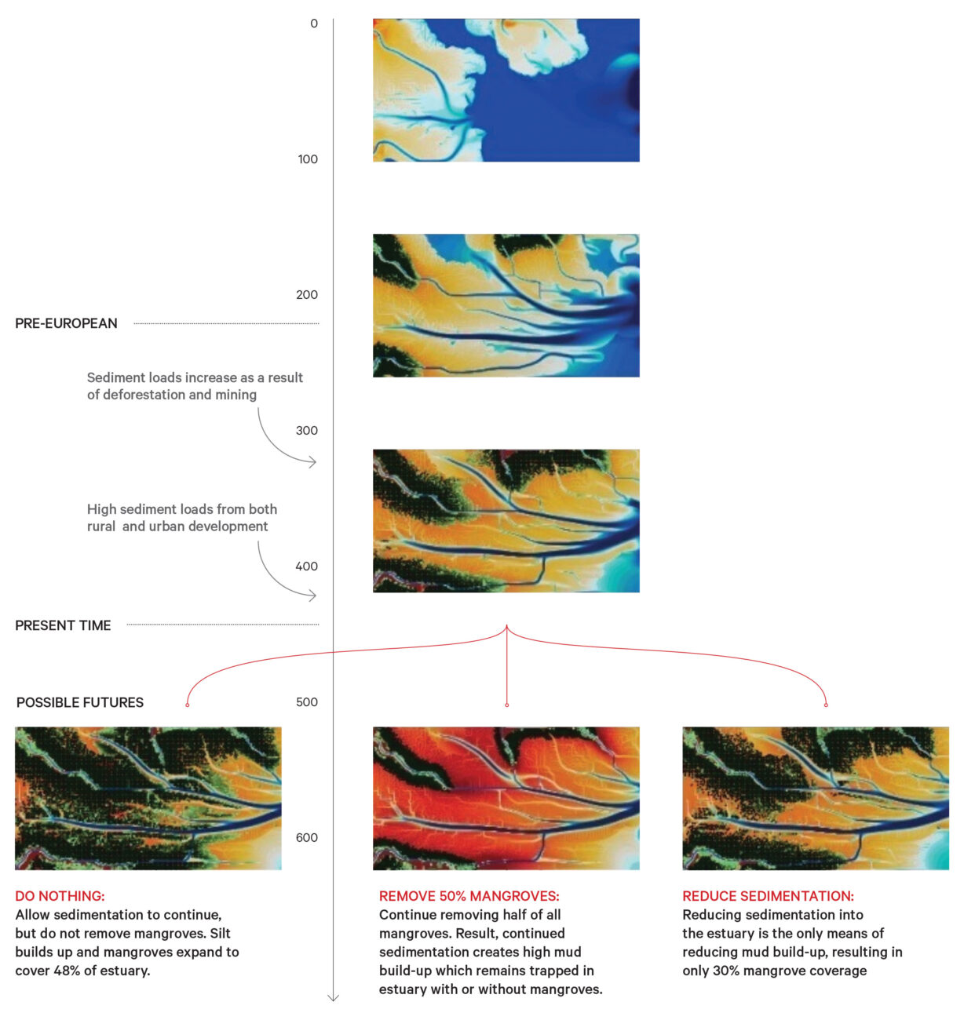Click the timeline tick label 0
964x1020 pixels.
313,24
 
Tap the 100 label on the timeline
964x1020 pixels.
308,159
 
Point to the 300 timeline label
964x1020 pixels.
307,431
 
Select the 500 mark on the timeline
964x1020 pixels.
307,702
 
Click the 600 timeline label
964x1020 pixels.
307,838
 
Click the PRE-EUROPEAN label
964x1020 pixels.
66,323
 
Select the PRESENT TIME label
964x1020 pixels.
64,625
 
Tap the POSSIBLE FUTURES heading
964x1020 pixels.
80,702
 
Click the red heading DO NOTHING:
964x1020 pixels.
60,896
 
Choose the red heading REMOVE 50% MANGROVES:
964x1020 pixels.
469,896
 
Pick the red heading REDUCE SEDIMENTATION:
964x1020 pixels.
769,896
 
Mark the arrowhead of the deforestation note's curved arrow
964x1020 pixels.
313,461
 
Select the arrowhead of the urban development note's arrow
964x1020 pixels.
313,596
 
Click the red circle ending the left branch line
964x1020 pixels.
188,705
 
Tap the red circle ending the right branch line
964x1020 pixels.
826,705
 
